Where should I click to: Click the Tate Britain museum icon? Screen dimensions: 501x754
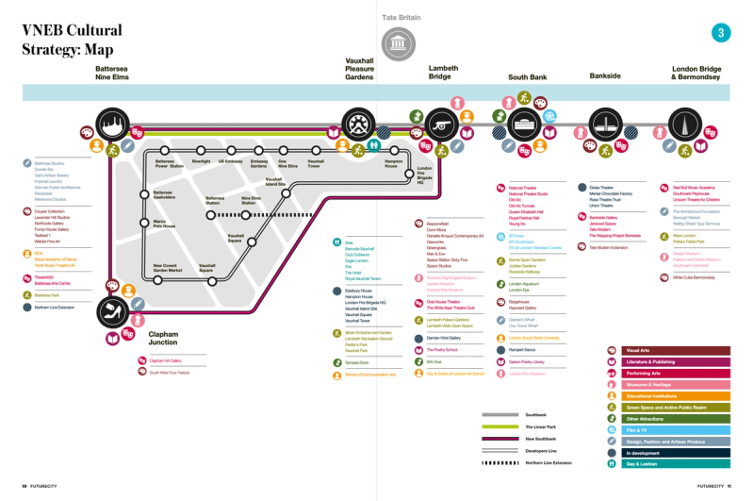(397, 42)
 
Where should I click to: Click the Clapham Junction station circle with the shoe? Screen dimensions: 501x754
(112, 310)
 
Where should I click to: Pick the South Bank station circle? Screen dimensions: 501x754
(522, 124)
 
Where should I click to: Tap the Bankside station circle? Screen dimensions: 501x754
(604, 125)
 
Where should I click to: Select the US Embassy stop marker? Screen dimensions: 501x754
(230, 151)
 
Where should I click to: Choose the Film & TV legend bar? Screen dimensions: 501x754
(669, 430)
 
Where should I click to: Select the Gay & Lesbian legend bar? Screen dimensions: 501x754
(669, 464)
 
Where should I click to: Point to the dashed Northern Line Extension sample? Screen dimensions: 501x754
(500, 462)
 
